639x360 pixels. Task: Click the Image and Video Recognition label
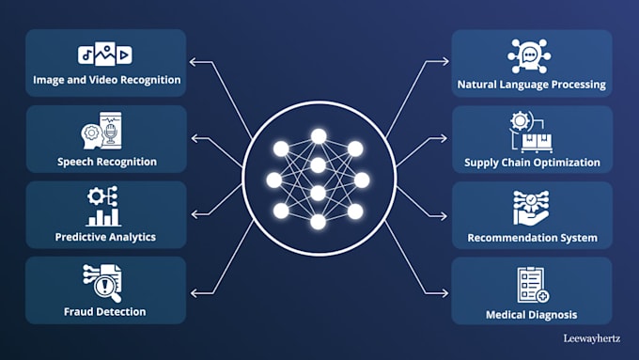105,80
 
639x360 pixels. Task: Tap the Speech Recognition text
105,162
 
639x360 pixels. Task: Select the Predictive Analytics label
105,237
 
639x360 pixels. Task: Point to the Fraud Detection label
105,311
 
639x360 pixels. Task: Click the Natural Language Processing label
532,85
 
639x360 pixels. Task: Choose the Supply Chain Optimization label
532,163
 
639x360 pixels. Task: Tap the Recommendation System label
532,238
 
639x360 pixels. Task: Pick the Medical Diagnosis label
532,314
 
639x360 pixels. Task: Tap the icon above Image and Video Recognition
105,55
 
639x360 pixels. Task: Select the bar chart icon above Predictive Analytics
105,209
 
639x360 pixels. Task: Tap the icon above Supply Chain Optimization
530,133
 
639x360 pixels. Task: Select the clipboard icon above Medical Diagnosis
532,285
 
